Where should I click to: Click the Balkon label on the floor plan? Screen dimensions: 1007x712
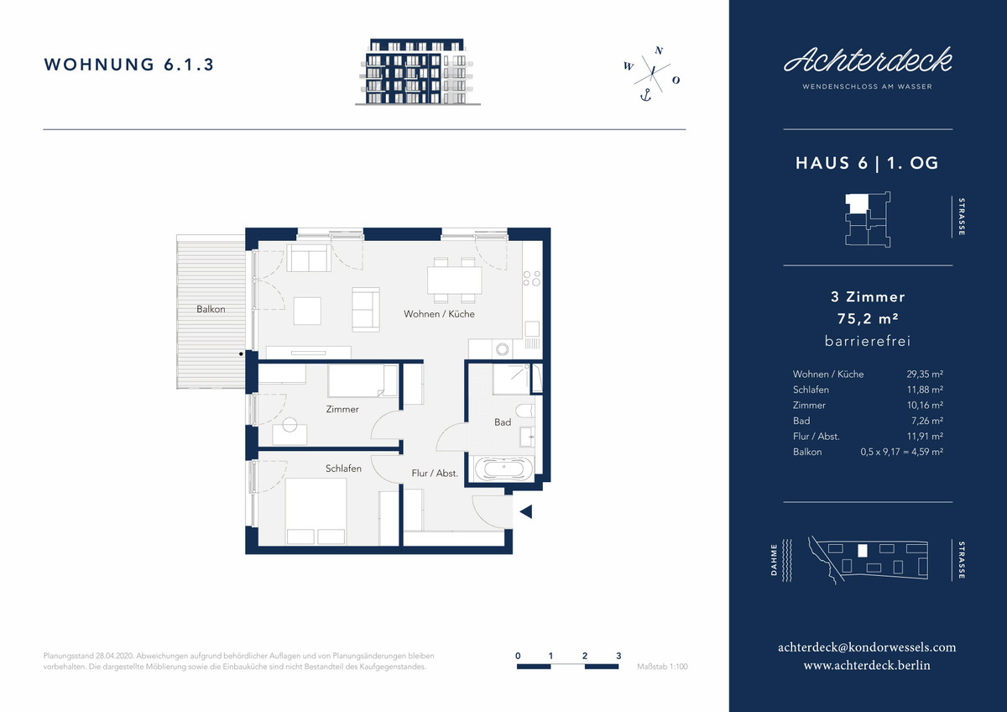tap(211, 309)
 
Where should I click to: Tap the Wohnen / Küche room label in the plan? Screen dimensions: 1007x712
tap(439, 314)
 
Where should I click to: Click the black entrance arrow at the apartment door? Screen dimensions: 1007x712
tap(526, 511)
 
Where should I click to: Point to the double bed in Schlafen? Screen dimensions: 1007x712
tap(316, 511)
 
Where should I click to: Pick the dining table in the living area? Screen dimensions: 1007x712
tap(455, 280)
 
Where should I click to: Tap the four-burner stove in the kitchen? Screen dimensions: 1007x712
tap(531, 279)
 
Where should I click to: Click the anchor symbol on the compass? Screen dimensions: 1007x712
tap(646, 96)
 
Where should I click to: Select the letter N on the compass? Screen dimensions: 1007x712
tap(659, 50)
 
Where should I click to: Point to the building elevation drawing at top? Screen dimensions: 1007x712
tap(418, 71)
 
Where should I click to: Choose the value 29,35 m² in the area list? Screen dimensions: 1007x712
tap(925, 374)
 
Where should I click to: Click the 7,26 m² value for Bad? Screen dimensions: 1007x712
tap(927, 421)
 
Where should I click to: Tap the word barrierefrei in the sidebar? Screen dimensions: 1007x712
tap(868, 341)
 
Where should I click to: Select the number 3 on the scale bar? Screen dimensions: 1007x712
tap(618, 656)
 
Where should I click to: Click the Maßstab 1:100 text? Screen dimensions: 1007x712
tap(662, 667)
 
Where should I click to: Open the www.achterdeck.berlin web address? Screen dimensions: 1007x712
tap(867, 665)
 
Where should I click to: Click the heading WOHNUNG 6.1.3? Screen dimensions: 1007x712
tap(129, 65)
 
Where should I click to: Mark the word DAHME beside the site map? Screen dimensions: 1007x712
tap(774, 559)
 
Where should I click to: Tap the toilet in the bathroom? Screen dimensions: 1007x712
tap(525, 411)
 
